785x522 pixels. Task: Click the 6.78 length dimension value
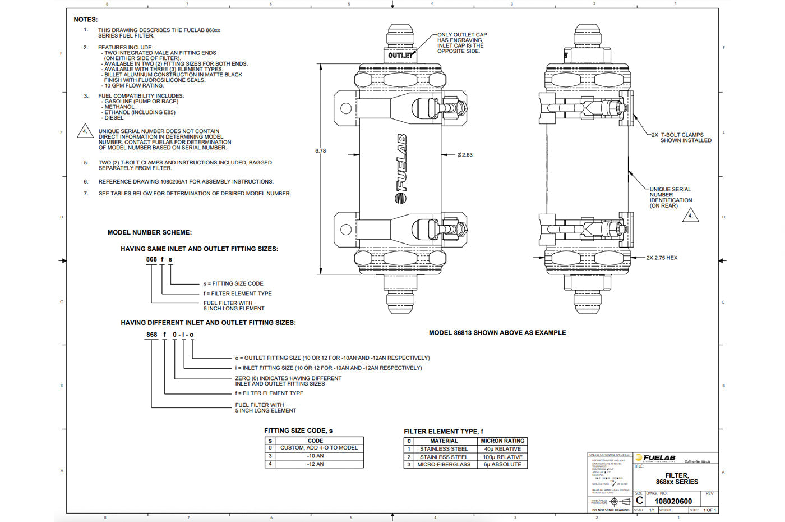pos(320,151)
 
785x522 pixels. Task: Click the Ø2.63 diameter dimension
pos(465,155)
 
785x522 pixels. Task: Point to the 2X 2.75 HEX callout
pos(662,258)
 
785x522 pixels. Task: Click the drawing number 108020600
pos(673,501)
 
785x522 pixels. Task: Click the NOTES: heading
pos(86,20)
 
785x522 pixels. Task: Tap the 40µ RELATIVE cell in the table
pos(502,449)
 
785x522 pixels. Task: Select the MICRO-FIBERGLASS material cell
pos(444,465)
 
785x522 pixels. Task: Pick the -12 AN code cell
pos(315,464)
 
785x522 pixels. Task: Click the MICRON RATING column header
pos(502,441)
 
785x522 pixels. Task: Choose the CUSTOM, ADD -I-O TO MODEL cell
pos(318,448)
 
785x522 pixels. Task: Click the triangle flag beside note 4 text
pos(85,132)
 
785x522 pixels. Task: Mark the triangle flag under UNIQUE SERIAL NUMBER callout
pos(690,216)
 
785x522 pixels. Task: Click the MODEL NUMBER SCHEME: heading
pos(149,232)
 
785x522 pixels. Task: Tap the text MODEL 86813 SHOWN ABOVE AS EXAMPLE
pos(497,333)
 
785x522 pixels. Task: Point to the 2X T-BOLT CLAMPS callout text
pos(681,138)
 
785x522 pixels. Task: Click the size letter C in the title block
pos(639,501)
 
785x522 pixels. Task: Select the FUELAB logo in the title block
pos(655,458)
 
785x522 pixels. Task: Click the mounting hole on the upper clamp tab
pos(346,108)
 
